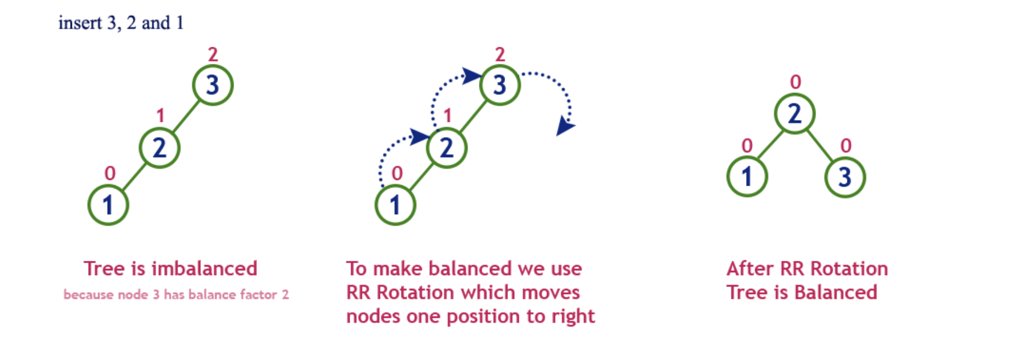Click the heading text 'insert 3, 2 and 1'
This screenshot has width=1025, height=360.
[121, 23]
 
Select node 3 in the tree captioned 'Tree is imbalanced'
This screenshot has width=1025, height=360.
[212, 85]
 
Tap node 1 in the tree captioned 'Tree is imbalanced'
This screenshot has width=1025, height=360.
[108, 205]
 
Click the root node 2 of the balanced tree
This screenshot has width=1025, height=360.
[794, 114]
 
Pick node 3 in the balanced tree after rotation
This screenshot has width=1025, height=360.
[845, 177]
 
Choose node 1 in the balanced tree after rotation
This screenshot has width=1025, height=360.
[747, 177]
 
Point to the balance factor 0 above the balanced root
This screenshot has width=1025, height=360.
[796, 82]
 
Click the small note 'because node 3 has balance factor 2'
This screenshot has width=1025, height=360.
[176, 294]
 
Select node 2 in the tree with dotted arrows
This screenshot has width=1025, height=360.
[446, 148]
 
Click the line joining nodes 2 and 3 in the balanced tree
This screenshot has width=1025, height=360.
[819, 145]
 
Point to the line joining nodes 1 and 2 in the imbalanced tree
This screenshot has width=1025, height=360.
[134, 177]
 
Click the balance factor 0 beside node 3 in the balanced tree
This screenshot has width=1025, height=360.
[846, 146]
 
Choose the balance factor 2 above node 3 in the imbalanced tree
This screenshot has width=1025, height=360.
[213, 55]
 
